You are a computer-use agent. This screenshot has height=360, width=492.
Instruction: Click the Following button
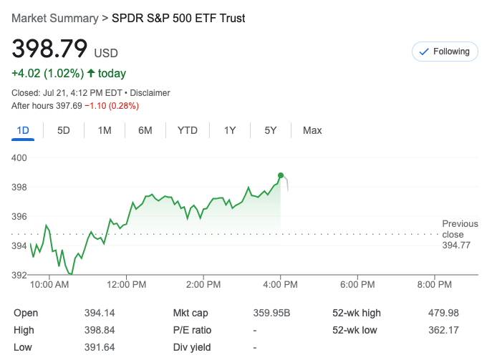[x=444, y=52]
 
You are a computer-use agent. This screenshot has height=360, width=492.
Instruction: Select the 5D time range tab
[x=64, y=130]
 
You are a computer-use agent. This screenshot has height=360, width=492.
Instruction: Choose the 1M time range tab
[x=105, y=130]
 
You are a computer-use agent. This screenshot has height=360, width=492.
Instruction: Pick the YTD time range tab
[x=188, y=130]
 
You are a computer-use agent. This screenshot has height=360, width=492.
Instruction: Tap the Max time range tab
[x=312, y=130]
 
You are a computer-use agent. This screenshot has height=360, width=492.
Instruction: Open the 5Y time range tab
[x=270, y=130]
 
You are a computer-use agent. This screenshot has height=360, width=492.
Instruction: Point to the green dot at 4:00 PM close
[x=281, y=175]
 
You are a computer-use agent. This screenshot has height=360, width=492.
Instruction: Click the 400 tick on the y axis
[x=20, y=157]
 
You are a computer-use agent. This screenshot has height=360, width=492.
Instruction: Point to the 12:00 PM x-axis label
[x=127, y=284]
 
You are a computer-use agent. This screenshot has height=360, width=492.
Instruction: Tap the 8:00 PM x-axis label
[x=435, y=284]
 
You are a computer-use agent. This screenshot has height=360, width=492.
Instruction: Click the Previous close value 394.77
[x=456, y=245]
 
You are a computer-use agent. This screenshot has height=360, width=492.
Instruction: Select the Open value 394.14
[x=100, y=313]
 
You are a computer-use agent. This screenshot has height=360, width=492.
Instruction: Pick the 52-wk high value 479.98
[x=443, y=313]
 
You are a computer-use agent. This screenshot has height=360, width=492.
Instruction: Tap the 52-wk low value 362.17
[x=443, y=330]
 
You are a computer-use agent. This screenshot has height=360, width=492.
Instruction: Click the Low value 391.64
[x=100, y=347]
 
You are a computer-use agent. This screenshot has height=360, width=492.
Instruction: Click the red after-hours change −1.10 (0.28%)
[x=112, y=106]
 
